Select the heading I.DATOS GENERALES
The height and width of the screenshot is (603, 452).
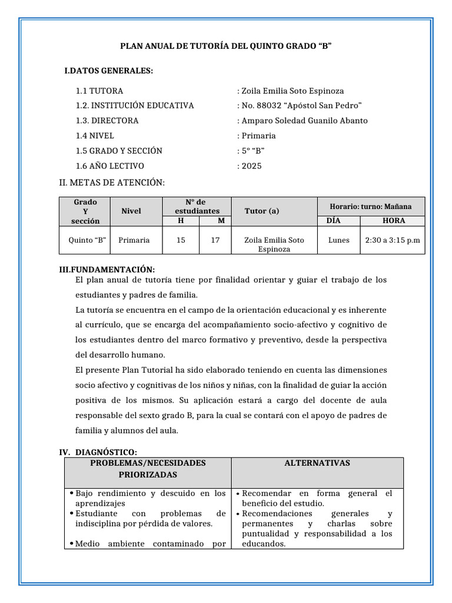tap(108, 71)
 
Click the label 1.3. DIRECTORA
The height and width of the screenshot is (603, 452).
tap(107, 121)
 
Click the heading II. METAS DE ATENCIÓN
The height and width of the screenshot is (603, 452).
tap(112, 183)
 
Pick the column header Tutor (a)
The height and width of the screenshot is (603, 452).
tap(262, 211)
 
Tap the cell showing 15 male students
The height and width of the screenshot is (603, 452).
tap(181, 240)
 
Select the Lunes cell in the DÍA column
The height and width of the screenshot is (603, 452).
tap(339, 240)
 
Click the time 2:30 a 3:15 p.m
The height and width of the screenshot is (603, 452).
tap(393, 240)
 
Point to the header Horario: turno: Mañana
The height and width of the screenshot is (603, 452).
tap(371, 207)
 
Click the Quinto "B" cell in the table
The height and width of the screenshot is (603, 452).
tap(87, 240)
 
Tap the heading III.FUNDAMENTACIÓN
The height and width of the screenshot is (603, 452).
tap(107, 269)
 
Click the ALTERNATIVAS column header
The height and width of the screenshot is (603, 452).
tap(317, 463)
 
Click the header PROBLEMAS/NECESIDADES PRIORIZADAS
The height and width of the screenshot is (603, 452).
tap(148, 469)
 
